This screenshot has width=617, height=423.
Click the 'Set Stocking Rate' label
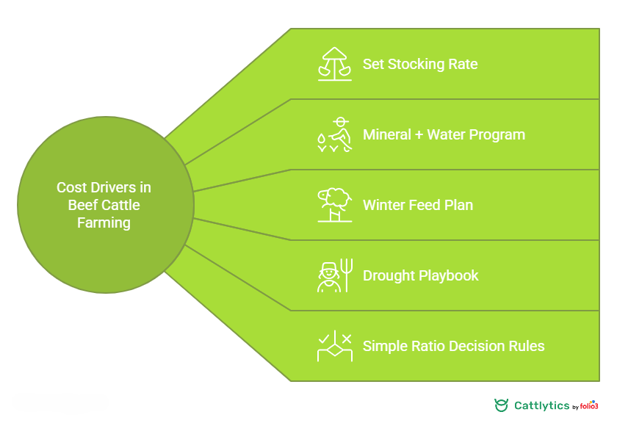[420, 64]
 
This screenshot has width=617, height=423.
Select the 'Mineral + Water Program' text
[444, 134]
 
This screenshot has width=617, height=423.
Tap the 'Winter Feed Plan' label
[418, 205]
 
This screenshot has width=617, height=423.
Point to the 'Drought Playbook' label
[420, 275]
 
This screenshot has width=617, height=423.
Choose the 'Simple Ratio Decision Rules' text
[453, 346]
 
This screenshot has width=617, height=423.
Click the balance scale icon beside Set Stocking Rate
[334, 64]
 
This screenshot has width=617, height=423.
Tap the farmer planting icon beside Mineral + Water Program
[334, 134]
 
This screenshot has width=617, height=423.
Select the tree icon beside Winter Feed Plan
[334, 205]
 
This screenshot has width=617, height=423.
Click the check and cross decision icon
[334, 346]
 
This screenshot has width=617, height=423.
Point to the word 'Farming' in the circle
[104, 223]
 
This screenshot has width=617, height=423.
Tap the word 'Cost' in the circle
[71, 187]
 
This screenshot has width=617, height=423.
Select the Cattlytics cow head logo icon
[502, 405]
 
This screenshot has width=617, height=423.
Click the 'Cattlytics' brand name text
[541, 405]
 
